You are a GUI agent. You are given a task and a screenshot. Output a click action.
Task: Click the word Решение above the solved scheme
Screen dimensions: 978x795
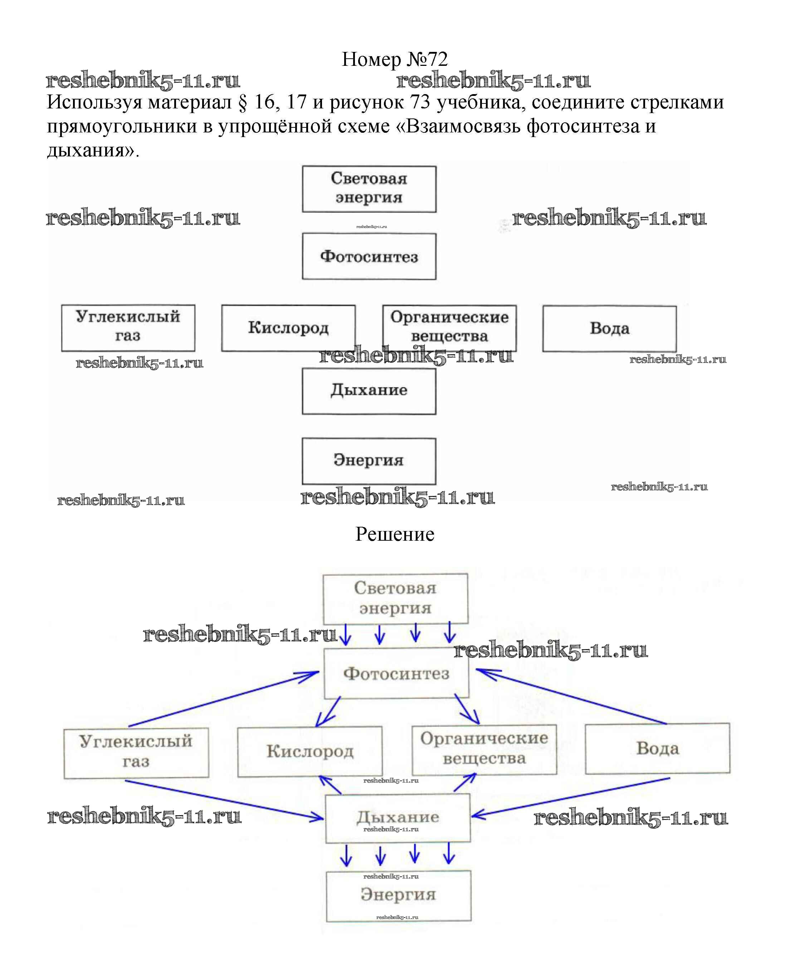[x=395, y=534]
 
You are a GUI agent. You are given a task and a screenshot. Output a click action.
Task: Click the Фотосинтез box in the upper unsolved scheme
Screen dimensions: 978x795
[x=369, y=257]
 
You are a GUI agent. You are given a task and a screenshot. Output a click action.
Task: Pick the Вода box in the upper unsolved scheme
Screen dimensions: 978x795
[x=610, y=329]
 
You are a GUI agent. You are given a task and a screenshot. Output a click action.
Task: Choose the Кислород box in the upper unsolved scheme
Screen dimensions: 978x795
[x=288, y=328]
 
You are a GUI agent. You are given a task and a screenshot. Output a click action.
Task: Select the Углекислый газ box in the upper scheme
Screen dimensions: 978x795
[x=128, y=328]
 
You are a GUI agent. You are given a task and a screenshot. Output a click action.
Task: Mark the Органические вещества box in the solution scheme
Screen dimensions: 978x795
[x=484, y=749]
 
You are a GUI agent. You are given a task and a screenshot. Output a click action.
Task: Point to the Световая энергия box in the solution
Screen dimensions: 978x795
[x=395, y=599]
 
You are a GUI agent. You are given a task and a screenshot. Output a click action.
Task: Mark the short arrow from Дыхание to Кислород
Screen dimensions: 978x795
[x=330, y=785]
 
